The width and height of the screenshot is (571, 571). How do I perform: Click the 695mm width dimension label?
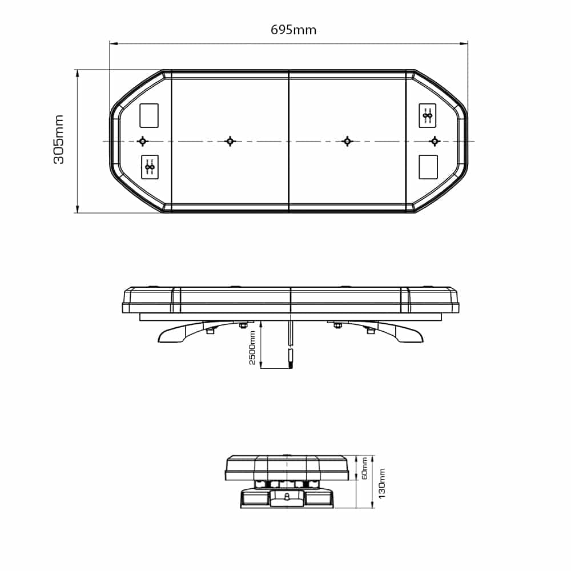click(293, 30)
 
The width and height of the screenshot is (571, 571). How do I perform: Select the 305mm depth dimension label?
click(59, 139)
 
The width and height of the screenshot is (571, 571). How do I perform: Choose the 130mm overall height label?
click(382, 483)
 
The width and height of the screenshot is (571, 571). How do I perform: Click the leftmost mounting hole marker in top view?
click(142, 141)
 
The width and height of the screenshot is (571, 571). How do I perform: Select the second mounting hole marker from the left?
click(230, 141)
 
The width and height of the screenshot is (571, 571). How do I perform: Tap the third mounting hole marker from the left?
click(346, 141)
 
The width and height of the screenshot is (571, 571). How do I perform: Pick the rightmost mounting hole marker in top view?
click(435, 141)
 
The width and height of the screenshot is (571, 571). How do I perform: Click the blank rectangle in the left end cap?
click(150, 115)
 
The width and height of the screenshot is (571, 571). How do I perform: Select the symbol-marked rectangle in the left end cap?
click(150, 167)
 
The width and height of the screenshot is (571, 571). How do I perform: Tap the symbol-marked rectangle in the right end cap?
click(428, 115)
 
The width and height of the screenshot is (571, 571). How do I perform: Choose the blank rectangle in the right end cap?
click(428, 167)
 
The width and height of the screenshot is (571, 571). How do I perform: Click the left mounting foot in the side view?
click(177, 333)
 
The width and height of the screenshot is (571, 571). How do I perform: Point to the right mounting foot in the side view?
click(403, 333)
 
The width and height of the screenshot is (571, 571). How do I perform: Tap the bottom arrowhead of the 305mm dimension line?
click(77, 210)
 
